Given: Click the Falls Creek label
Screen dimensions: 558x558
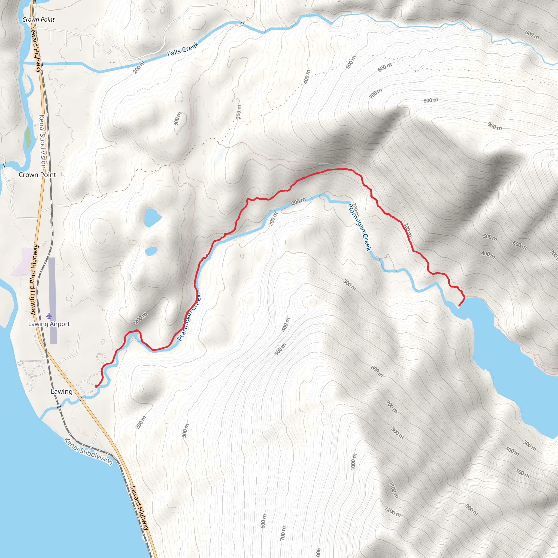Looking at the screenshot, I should point(183,49).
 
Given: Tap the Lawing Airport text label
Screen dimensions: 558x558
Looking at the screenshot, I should point(49,324).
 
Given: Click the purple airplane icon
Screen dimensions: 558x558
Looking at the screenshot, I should point(49,316).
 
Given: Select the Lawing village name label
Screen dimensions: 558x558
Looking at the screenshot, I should point(62,391).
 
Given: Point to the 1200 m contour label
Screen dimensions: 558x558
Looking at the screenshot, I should point(393,511).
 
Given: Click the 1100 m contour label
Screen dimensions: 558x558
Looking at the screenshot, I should point(394,490).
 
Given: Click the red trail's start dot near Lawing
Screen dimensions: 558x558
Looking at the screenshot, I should point(96,386).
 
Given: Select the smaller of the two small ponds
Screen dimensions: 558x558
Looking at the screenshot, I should point(151,251).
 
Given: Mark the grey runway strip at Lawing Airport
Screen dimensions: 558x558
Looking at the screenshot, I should point(53,300).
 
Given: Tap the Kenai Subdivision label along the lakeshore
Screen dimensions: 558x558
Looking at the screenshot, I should point(88,451).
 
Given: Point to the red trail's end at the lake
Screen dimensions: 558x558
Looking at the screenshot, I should point(459,305).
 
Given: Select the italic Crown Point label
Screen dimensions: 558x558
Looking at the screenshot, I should point(38,20).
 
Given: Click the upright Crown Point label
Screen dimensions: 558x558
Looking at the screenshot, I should point(37,175).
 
